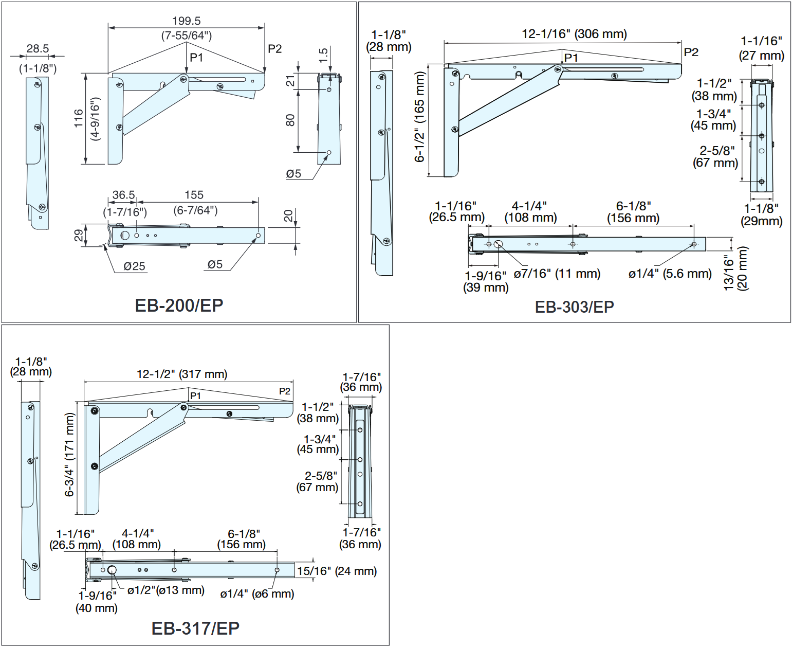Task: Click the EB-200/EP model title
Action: pos(179,305)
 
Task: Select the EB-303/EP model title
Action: pos(574,307)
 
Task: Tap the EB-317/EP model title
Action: pos(195,628)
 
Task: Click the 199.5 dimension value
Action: pos(186,21)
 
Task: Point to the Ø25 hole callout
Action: pos(134,266)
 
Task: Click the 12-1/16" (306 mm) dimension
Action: pos(574,34)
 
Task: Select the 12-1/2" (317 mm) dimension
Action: pos(182,374)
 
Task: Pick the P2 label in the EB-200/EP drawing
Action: pos(275,49)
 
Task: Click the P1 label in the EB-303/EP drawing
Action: pos(571,58)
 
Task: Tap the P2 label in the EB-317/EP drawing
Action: pos(285,391)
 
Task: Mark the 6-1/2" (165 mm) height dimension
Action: pos(420,117)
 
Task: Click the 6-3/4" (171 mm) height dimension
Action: pos(69,455)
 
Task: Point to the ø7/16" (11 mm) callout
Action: pos(557,274)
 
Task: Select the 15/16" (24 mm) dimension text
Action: pos(337,571)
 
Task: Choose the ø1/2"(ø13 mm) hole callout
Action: pos(166,590)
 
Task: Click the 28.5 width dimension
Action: pos(38,49)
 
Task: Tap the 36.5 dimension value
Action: pos(123,195)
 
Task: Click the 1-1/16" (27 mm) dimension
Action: pos(761,48)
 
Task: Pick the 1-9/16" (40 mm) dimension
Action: pos(97,602)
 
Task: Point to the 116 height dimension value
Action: pos(79,118)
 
